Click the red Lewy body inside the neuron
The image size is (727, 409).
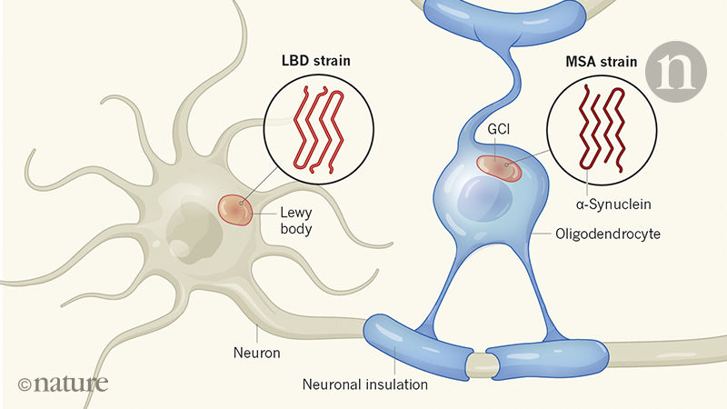click(x=235, y=209)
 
